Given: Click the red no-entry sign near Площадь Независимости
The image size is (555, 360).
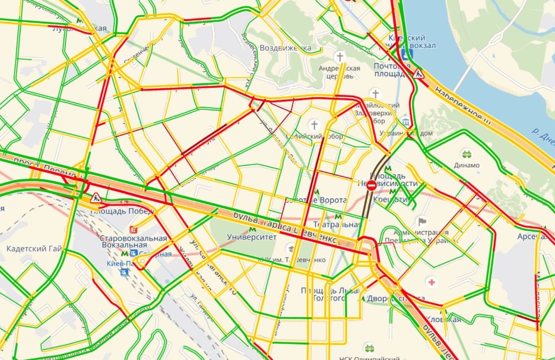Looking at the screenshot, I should (x=372, y=186).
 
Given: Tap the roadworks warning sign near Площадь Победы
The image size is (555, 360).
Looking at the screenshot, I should (x=96, y=198).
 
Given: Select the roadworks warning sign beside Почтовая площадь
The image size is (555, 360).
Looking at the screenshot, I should (x=418, y=74).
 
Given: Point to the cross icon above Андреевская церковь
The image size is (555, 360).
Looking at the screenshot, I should (x=340, y=56).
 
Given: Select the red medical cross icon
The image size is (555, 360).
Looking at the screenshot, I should (x=431, y=282).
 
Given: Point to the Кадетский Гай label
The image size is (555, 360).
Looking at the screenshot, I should (x=34, y=249).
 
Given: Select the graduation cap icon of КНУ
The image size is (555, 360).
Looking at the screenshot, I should (x=290, y=249).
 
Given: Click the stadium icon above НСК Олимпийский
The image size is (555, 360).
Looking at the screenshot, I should (x=369, y=348).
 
